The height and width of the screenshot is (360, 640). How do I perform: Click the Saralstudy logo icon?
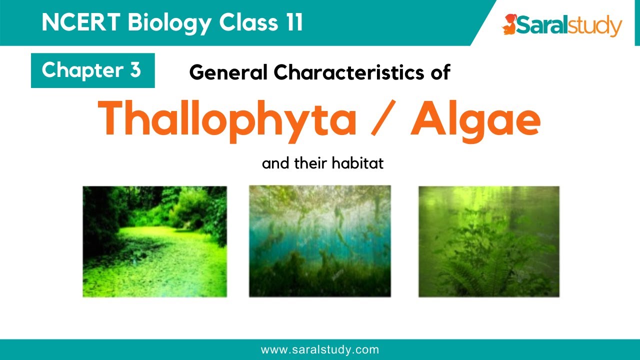[509, 25]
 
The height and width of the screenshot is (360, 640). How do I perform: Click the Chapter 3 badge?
[92, 70]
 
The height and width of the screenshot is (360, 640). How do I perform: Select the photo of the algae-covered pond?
[154, 241]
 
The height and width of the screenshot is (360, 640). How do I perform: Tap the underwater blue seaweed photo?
[319, 241]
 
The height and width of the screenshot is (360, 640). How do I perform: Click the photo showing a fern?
[488, 241]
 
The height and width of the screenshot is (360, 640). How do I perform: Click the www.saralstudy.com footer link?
[320, 350]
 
